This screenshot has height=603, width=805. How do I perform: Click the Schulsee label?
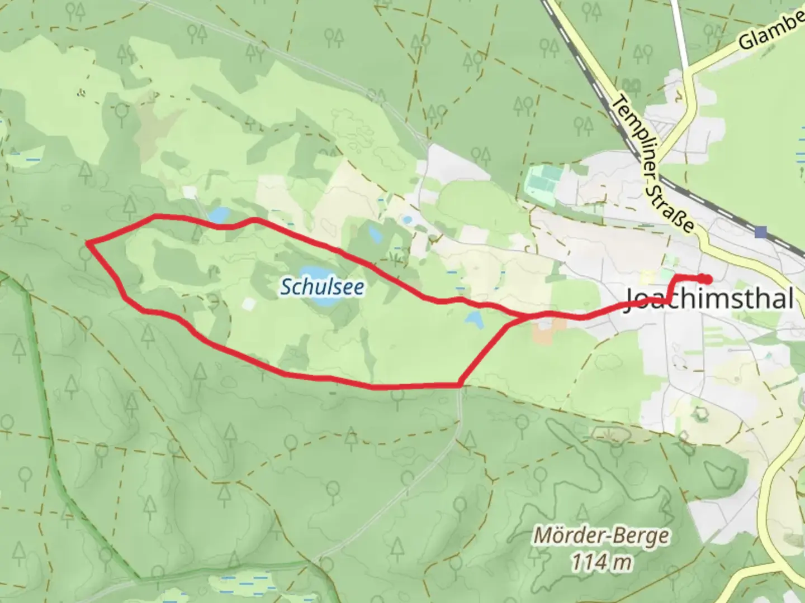(x=322, y=287)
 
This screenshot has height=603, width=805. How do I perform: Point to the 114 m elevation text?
(x=601, y=561)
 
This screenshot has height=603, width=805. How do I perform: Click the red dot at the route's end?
(x=706, y=279)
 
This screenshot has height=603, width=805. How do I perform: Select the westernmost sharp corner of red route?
(x=88, y=242)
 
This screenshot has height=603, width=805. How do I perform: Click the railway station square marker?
(x=760, y=232)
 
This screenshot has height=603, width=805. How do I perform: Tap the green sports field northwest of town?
(x=542, y=178)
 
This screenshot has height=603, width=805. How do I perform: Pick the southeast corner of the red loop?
(x=460, y=385)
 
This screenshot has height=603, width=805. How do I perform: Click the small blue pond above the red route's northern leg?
(x=219, y=214)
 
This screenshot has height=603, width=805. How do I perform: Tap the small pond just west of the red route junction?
(x=475, y=320)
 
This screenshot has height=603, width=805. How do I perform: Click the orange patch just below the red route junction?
(x=542, y=333)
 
